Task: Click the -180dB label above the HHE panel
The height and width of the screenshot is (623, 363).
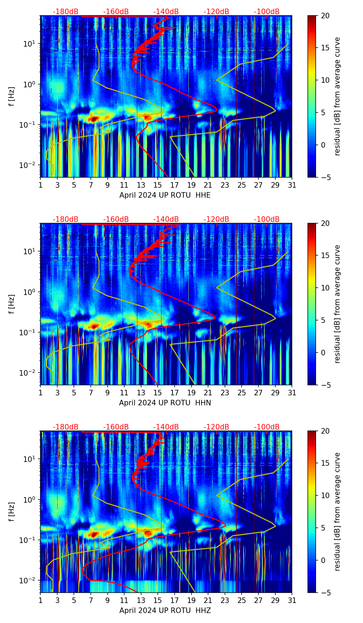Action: coord(66,12)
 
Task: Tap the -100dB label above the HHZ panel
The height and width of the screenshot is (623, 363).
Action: coord(267,427)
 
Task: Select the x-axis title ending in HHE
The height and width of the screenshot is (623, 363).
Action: coord(165,195)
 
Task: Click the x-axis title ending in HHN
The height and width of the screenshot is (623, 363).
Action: coord(165,403)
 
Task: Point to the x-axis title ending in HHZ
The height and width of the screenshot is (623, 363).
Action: coord(165,611)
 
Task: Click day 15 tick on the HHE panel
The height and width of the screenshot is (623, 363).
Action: coord(158,185)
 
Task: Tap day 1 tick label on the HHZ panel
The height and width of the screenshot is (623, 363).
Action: coord(41,600)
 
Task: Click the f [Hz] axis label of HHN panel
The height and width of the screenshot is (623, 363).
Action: coord(12,304)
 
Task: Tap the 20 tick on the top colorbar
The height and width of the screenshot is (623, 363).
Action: coord(325,16)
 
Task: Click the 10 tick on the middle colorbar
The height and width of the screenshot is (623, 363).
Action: coord(325,288)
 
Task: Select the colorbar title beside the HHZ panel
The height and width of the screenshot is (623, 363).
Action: coord(337,512)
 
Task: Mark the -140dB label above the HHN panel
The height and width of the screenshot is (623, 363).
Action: coord(166,219)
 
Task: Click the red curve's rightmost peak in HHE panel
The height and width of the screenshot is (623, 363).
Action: coord(216,110)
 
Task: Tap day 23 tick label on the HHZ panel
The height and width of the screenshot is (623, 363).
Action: coord(225,600)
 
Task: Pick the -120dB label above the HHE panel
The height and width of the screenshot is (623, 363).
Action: coord(216,12)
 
